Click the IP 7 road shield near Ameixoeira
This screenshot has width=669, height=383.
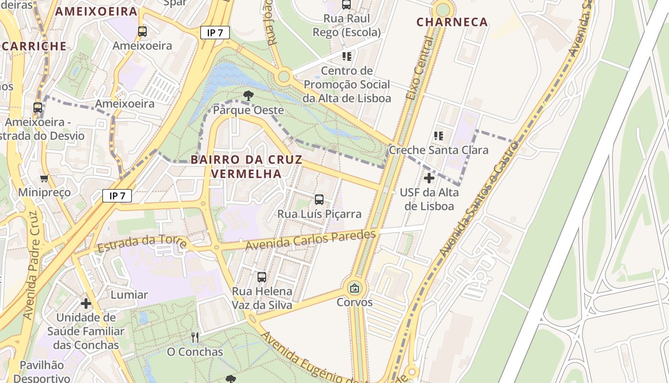point(215,33)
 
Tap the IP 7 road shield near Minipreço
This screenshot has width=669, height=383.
point(117,195)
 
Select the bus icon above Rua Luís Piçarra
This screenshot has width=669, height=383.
point(319,200)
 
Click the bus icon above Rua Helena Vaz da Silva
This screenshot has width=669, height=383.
point(262,277)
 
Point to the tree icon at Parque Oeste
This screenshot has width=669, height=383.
point(248,96)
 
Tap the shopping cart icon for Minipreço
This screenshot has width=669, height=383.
point(44,179)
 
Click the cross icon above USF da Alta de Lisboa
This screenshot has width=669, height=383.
point(429,178)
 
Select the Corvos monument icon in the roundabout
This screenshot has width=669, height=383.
point(355,288)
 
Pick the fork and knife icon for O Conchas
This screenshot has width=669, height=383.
point(194,338)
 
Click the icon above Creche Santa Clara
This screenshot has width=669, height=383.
point(439,136)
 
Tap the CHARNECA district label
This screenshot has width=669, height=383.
point(452,22)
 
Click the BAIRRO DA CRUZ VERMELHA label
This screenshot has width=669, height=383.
point(247,166)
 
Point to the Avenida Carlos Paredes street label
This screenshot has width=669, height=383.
point(311,239)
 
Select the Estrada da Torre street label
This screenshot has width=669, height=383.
point(141,244)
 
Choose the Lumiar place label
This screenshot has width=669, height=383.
point(129,294)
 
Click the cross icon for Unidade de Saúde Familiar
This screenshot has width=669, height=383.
point(86,304)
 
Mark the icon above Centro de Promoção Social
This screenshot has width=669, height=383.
point(347,56)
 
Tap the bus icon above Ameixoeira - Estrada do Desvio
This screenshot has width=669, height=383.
point(38,108)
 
